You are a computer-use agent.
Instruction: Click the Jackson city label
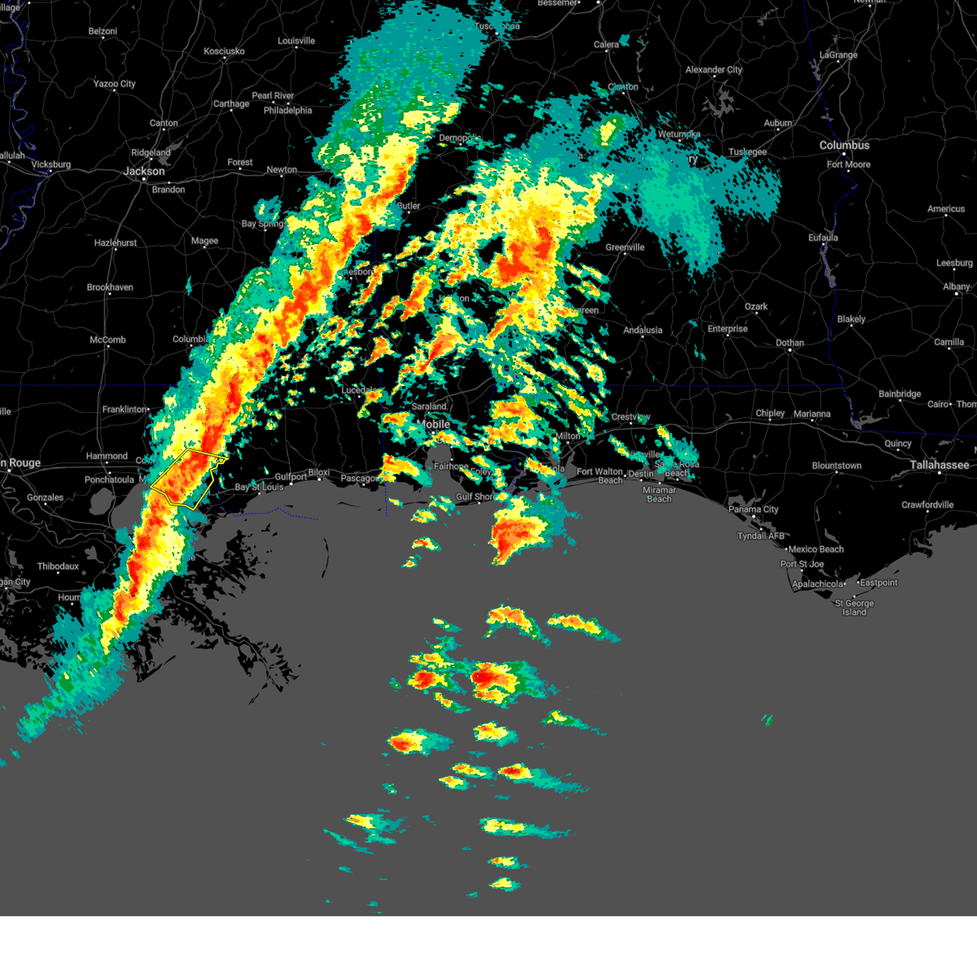coord(144,172)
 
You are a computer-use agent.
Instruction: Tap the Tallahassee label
coord(940,465)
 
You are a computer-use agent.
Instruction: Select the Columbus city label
coord(844,146)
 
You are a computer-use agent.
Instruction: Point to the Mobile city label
coord(436,424)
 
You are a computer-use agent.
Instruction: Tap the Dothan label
coord(790,343)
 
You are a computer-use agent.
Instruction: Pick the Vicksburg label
coord(51,164)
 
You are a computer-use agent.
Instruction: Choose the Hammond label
coord(107,457)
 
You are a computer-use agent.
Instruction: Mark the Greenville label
coord(625,248)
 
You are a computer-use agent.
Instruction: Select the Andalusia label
coord(642,331)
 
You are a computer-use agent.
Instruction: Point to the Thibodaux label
coord(58,567)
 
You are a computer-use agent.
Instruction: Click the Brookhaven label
coord(110,287)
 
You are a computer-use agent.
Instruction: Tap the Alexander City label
coord(714,70)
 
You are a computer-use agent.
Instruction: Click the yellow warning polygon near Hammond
coord(183,479)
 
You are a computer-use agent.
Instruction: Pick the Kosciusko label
coord(224,51)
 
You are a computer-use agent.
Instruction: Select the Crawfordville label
coord(927,506)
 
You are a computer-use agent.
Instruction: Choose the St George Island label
coord(854,608)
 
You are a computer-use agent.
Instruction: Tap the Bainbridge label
coord(900,394)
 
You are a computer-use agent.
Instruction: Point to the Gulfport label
coord(291,477)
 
